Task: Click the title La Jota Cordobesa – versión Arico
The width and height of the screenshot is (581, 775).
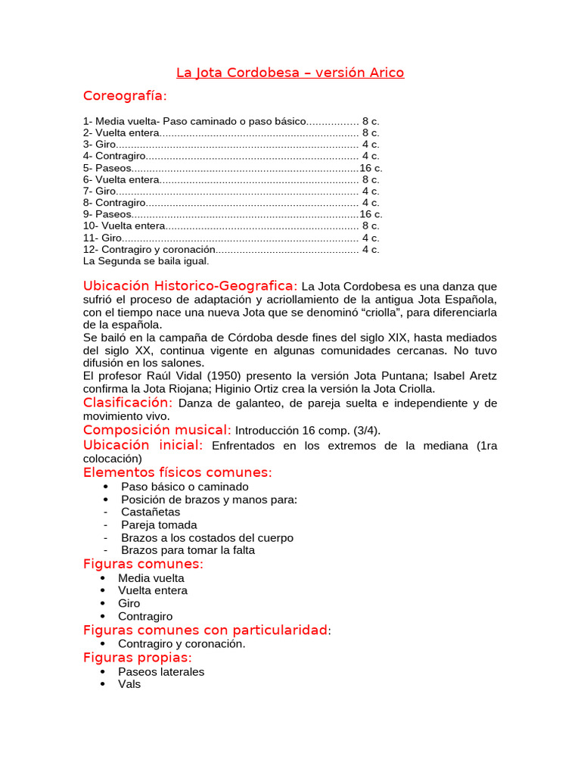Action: click(290, 73)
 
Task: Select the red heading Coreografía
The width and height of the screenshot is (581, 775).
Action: click(125, 96)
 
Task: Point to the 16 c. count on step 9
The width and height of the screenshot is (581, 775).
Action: click(371, 214)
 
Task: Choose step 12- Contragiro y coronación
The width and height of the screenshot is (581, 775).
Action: click(148, 249)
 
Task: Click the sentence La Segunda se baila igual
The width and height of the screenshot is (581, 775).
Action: click(145, 261)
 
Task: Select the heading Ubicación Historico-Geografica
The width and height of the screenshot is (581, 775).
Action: click(190, 286)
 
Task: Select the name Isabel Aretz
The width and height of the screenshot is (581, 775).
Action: click(467, 376)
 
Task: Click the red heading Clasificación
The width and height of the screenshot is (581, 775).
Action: click(128, 403)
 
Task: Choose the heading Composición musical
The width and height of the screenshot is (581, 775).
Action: click(157, 430)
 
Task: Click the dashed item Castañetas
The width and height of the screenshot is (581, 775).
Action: click(151, 512)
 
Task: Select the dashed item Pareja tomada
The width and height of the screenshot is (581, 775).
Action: click(159, 525)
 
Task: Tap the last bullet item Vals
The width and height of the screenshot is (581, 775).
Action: click(129, 684)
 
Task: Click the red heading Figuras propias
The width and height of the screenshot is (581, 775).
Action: click(137, 658)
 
